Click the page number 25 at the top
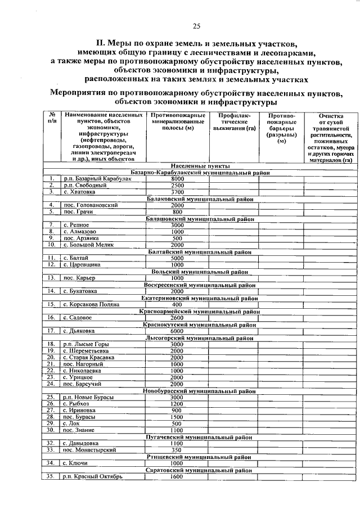click(x=197, y=25)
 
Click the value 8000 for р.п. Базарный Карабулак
click(x=177, y=178)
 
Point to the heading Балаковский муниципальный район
click(x=200, y=199)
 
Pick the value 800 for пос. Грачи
click(x=177, y=211)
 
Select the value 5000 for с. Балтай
click(x=177, y=258)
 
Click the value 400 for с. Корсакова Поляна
click(x=177, y=304)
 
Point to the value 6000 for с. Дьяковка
click(x=177, y=331)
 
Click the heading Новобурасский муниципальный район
click(x=200, y=390)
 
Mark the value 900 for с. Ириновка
click(x=177, y=410)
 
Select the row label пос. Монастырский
click(x=90, y=450)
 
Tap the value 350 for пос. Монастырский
click(x=177, y=450)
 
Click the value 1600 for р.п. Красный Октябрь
click(x=177, y=476)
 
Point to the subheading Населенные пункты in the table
click(x=200, y=166)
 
